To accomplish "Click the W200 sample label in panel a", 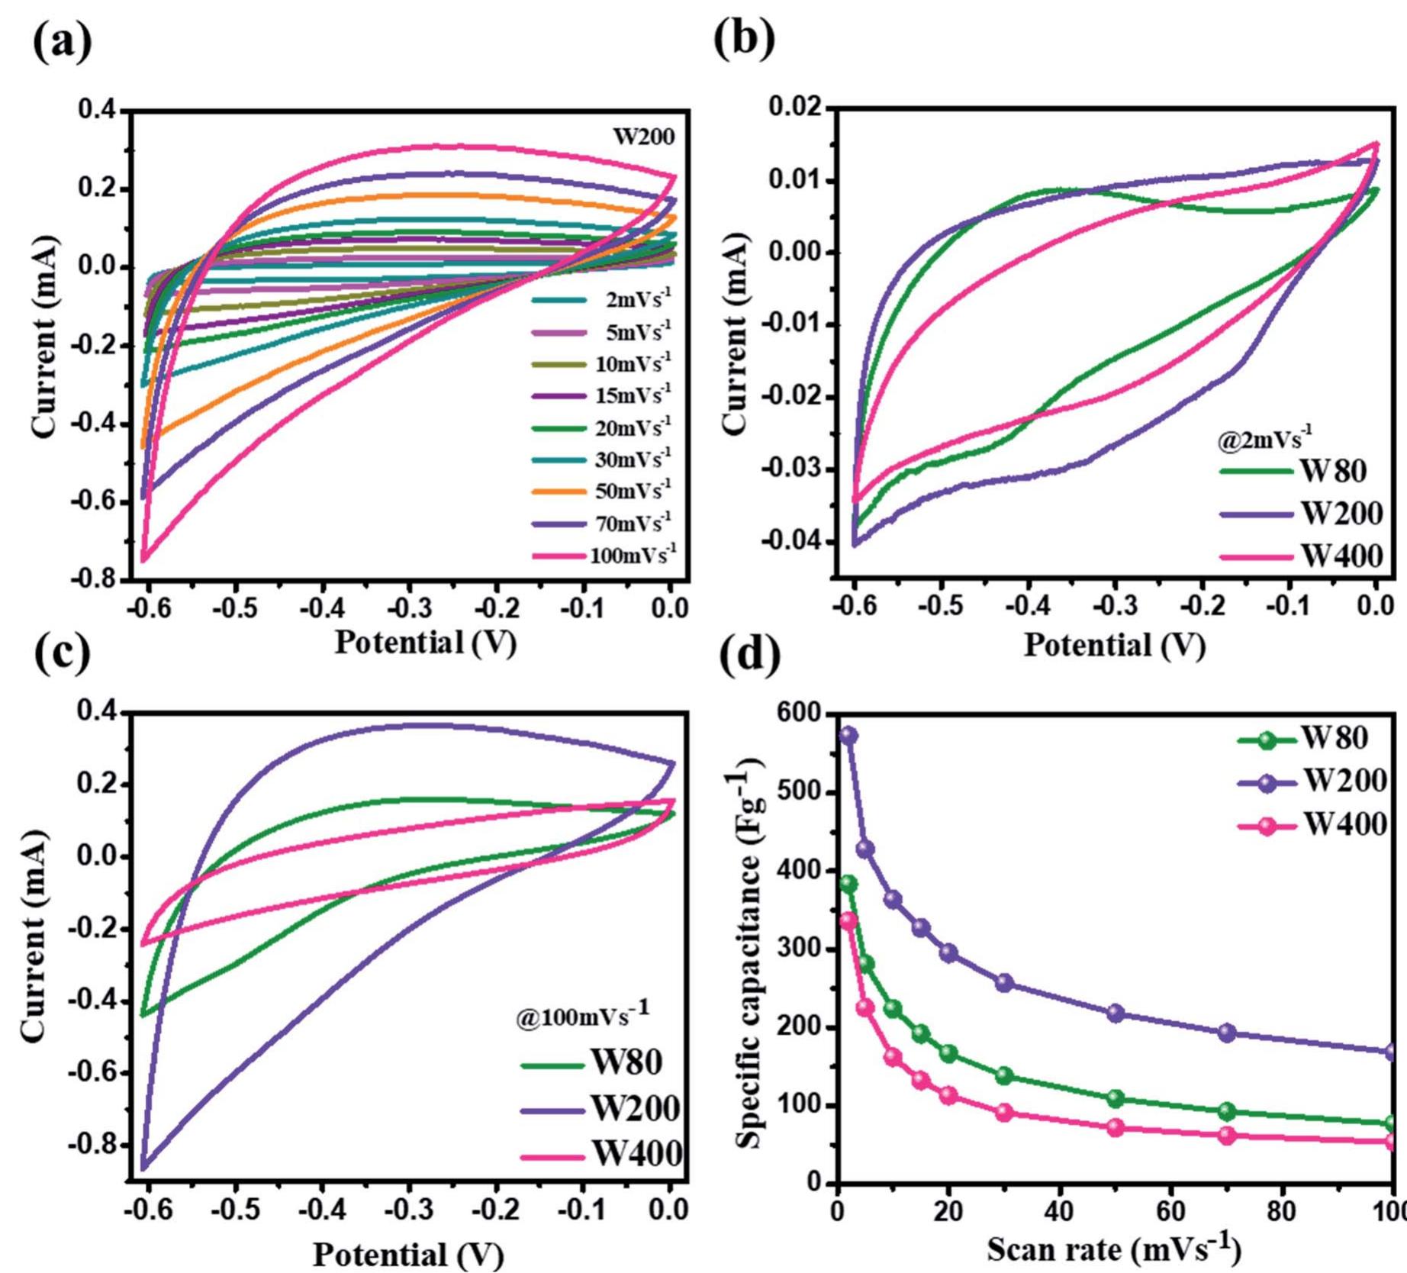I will [x=644, y=137].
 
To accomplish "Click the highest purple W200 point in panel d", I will [x=848, y=735].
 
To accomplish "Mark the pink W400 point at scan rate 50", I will [x=1116, y=1127].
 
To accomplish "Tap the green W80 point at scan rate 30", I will [x=1004, y=1075].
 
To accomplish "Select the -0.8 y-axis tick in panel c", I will [x=93, y=1145].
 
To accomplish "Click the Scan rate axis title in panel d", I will [x=1114, y=1249].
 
